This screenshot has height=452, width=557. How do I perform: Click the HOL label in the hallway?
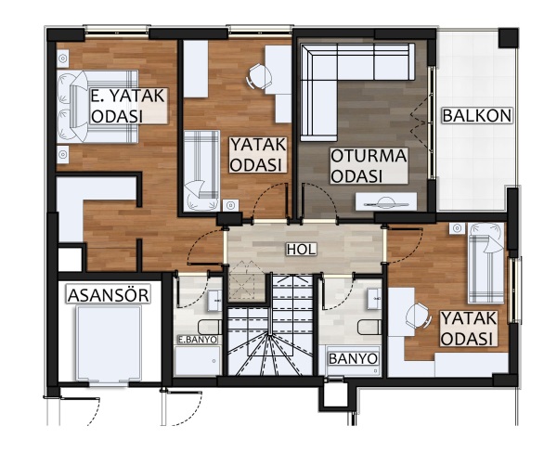click(301, 250)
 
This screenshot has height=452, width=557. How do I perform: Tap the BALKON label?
click(477, 116)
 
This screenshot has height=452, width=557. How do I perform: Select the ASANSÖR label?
click(109, 295)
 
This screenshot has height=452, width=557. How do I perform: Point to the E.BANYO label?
click(198, 340)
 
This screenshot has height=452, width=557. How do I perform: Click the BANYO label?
click(353, 359)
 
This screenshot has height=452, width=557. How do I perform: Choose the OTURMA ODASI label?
click(369, 166)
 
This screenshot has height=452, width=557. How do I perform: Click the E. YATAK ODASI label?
click(128, 106)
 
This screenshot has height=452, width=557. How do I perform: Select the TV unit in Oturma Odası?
click(386, 202)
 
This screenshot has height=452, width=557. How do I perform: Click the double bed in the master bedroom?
click(97, 107)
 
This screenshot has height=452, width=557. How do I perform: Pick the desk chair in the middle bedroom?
click(260, 76)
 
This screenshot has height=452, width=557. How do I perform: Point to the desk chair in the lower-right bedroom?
click(419, 316)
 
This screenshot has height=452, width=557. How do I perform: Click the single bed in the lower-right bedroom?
click(486, 263)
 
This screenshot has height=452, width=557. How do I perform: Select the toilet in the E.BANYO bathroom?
click(210, 327)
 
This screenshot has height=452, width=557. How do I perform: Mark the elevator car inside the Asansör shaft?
click(109, 343)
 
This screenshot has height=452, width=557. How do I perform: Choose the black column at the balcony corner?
click(509, 38)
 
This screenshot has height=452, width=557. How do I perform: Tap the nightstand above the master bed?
click(63, 58)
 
